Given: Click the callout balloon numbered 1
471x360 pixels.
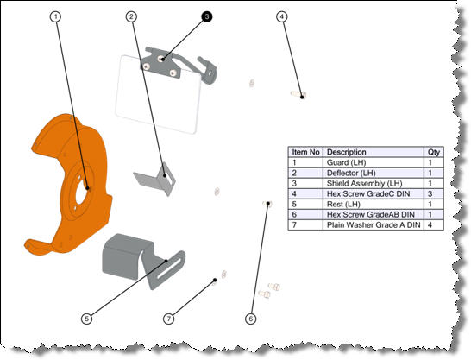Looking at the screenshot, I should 57,16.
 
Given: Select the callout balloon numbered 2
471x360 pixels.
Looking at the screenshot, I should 132,16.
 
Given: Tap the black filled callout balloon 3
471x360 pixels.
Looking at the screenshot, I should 207,16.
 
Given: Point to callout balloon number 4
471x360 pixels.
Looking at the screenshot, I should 282,16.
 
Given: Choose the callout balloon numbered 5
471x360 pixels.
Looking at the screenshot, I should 86,318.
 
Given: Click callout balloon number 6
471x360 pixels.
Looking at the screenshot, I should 251,318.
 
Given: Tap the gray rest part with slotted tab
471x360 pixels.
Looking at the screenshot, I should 129,255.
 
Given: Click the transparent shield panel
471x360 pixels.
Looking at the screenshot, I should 155,99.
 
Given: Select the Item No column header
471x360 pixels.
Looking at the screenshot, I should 306,151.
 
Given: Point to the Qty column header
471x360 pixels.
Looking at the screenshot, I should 433,151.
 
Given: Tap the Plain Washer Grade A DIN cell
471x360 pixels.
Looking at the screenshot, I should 373,224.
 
